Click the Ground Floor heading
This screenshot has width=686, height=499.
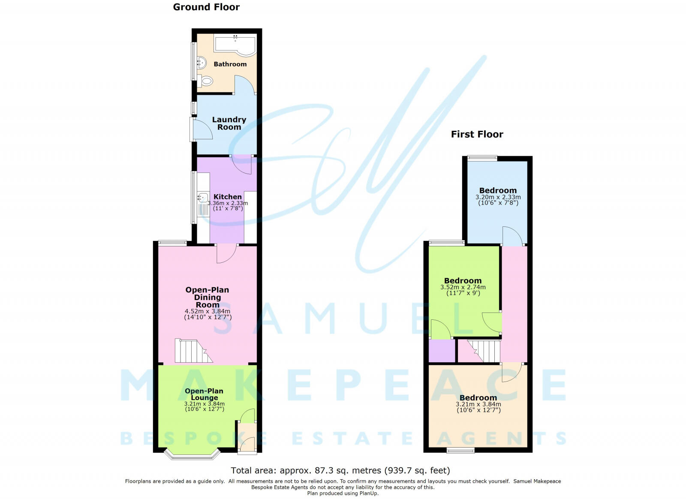[206, 7]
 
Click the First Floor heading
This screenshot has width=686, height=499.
[477, 134]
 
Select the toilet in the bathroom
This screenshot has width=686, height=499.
[205, 81]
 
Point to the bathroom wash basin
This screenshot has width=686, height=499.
[202, 63]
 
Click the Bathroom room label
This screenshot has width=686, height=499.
[230, 64]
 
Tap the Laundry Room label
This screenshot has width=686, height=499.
[229, 123]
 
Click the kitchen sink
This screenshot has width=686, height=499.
[203, 198]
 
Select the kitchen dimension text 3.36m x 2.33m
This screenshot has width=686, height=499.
[228, 203]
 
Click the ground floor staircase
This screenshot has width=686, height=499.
[193, 351]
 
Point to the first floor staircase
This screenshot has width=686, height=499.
[484, 351]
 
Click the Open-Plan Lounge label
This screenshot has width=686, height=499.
[204, 394]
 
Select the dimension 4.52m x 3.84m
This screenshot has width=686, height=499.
[208, 311]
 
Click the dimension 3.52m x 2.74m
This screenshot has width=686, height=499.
[463, 287]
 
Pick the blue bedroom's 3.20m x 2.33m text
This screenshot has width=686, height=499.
[498, 197]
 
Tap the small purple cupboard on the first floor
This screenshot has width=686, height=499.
[442, 351]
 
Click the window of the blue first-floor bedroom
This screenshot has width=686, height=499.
[482, 158]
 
